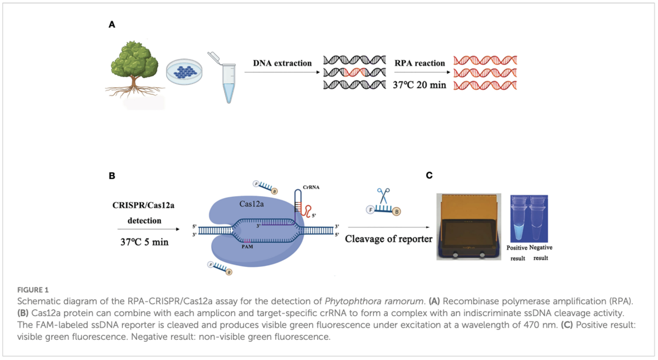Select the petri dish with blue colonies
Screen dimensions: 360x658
pyautogui.click(x=184, y=73)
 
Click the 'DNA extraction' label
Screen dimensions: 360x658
pyautogui.click(x=282, y=63)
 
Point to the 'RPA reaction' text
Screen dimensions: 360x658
pyautogui.click(x=419, y=63)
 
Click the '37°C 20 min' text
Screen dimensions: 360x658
pyautogui.click(x=419, y=85)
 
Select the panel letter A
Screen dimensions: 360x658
pyautogui.click(x=112, y=25)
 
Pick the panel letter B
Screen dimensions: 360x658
pyautogui.click(x=112, y=176)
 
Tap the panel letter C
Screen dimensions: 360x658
pyautogui.click(x=429, y=176)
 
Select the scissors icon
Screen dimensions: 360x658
pyautogui.click(x=383, y=195)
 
